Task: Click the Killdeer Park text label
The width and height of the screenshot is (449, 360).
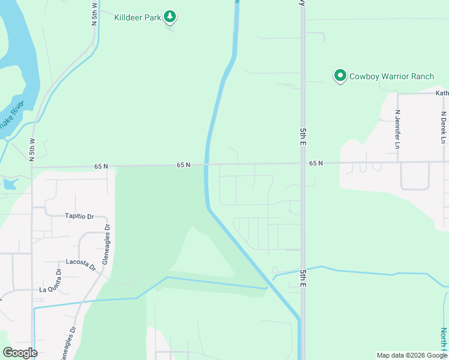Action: click(x=137, y=17)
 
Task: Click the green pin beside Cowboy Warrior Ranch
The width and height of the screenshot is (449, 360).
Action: click(x=340, y=76)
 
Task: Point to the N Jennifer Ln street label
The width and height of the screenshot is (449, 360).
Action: click(x=397, y=129)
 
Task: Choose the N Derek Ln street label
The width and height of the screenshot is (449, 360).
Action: click(x=443, y=127)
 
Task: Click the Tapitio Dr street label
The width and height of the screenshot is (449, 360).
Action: click(x=80, y=216)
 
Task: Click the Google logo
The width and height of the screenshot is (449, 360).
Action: click(x=20, y=353)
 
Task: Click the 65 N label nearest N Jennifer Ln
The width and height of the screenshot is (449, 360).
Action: click(x=316, y=163)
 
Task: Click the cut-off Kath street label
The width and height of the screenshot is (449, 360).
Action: click(x=442, y=93)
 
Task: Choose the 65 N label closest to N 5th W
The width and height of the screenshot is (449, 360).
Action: click(x=101, y=166)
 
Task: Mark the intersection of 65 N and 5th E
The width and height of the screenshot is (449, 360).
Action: click(x=303, y=163)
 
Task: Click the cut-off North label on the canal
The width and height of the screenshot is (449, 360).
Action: click(x=444, y=340)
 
